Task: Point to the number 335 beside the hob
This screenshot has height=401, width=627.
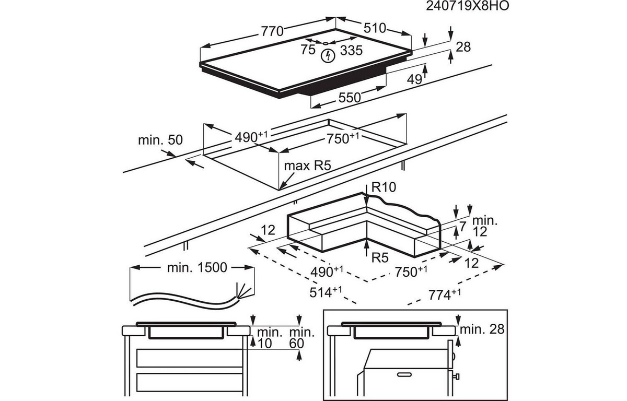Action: point(351,51)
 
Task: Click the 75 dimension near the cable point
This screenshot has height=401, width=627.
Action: point(308,50)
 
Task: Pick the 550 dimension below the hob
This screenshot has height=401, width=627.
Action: point(349,97)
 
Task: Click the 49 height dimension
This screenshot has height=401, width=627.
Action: point(414,79)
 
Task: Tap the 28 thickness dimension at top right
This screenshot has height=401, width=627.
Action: point(463,47)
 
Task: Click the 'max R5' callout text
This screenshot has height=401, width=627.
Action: point(308,166)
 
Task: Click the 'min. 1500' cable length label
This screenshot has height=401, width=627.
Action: point(197,268)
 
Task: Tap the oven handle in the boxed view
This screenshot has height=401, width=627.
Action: point(405,374)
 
